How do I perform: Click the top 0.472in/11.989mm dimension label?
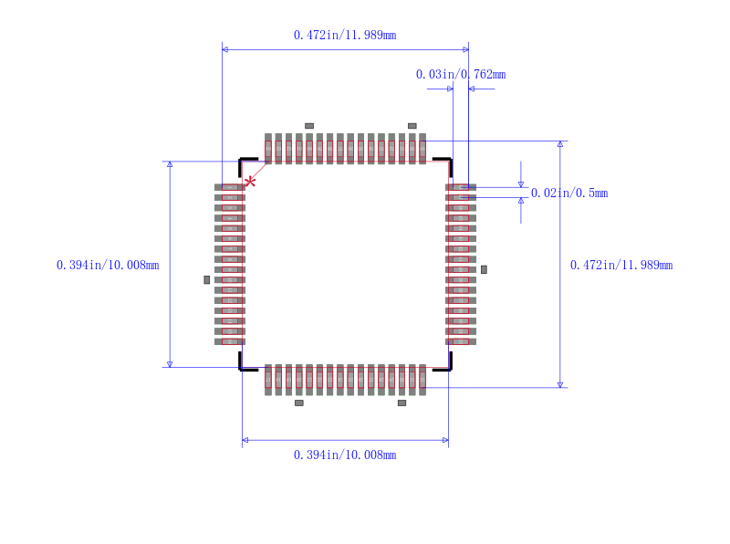pyautogui.click(x=345, y=36)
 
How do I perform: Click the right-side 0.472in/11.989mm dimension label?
pyautogui.click(x=621, y=266)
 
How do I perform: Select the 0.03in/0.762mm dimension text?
pyautogui.click(x=460, y=75)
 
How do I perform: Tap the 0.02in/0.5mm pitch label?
pyautogui.click(x=569, y=193)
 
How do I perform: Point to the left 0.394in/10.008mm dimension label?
pyautogui.click(x=108, y=266)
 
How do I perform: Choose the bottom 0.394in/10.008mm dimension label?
pyautogui.click(x=345, y=455)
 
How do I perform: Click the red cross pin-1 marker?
pyautogui.click(x=250, y=182)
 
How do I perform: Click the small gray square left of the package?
pyautogui.click(x=207, y=279)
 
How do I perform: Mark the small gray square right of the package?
pyautogui.click(x=484, y=269)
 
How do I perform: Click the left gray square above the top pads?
pyautogui.click(x=309, y=125)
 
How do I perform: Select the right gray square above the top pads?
pyautogui.click(x=412, y=125)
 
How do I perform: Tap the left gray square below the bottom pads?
pyautogui.click(x=298, y=403)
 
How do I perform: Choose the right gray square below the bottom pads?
pyautogui.click(x=401, y=403)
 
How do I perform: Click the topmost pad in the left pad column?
pyautogui.click(x=230, y=187)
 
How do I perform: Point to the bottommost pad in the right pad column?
pyautogui.click(x=461, y=341)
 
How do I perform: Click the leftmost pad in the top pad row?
pyautogui.click(x=268, y=148)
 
